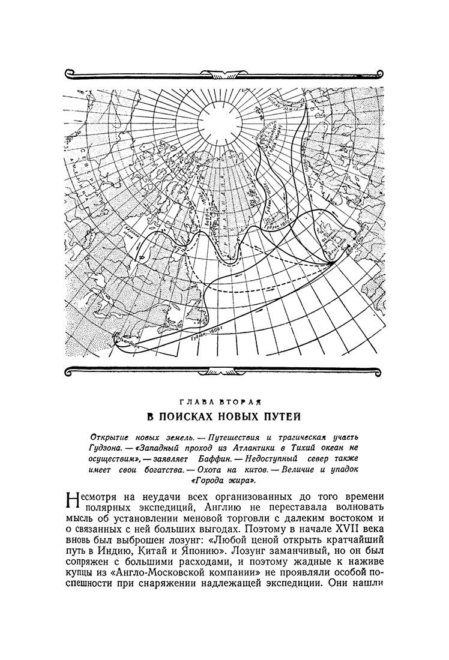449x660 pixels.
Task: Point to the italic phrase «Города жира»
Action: pos(224,481)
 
